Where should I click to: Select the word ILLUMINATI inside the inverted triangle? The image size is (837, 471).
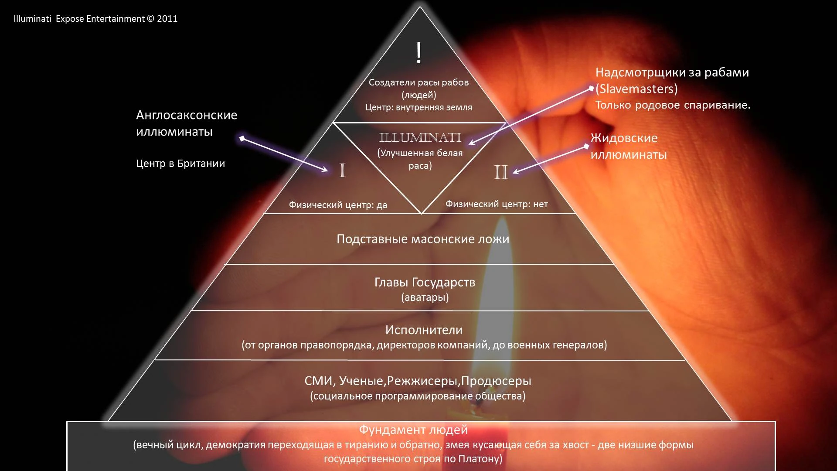click(420, 138)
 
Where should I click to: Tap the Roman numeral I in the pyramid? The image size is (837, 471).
click(343, 171)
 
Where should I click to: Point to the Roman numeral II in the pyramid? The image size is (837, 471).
click(501, 172)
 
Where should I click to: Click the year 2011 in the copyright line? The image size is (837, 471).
click(167, 19)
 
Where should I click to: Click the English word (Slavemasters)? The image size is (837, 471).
click(636, 89)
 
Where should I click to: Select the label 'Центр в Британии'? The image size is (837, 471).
click(180, 164)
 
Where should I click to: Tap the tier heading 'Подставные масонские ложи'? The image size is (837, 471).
click(423, 239)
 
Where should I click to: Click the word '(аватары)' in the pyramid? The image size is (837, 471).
click(425, 297)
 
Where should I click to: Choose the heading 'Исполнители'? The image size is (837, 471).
click(424, 330)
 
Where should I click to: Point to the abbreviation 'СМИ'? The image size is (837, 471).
click(319, 381)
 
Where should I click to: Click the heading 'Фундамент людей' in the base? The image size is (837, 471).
click(413, 430)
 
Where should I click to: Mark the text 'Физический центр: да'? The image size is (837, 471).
click(338, 205)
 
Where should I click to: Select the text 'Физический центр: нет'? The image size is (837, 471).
click(497, 204)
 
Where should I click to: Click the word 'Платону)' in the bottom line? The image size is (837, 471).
click(480, 459)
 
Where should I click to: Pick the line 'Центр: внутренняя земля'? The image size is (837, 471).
click(418, 107)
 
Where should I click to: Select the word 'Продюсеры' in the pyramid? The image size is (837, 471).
click(496, 381)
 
